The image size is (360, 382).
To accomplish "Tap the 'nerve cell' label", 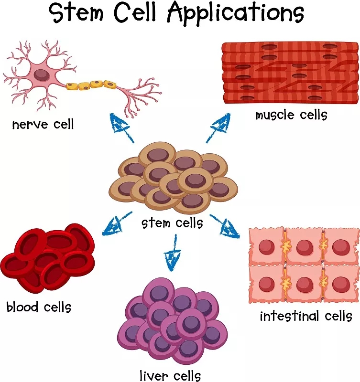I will point(43,125).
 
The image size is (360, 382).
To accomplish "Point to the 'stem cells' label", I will point(172,223).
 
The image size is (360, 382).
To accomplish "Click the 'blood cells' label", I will point(39,306).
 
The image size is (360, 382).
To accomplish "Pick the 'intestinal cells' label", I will point(306,316).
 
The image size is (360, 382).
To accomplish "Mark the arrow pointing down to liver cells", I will point(170,258).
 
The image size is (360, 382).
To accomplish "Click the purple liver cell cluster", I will point(172,320).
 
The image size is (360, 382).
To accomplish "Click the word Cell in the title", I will point(145,14).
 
